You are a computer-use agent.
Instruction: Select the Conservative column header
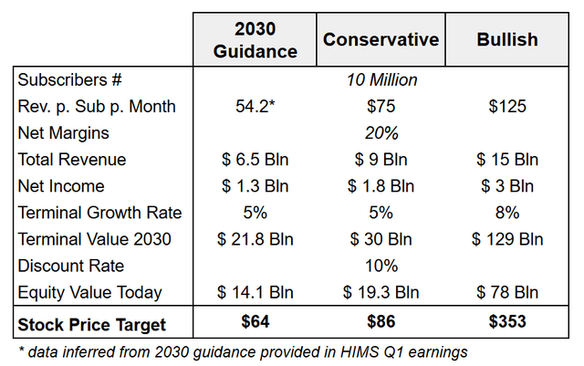[381, 40]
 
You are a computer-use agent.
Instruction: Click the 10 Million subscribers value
[381, 80]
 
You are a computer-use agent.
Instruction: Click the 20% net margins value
[381, 133]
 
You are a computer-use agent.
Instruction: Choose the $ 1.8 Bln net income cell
[381, 186]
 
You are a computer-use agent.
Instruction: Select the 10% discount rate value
[381, 266]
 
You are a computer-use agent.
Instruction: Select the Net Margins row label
[61, 133]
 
